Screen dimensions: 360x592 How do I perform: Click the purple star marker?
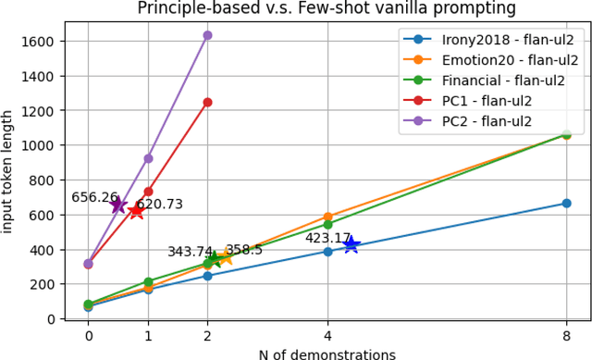click(x=118, y=205)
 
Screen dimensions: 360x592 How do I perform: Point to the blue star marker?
click(x=351, y=245)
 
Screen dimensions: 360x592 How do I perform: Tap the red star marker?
click(x=137, y=211)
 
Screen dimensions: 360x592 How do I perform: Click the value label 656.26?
click(x=95, y=197)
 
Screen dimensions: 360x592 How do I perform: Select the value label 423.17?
click(x=329, y=238)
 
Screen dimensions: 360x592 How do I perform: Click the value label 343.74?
click(x=191, y=252)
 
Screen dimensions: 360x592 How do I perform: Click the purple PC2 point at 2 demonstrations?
click(x=207, y=35)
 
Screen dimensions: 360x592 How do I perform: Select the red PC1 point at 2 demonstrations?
click(x=207, y=102)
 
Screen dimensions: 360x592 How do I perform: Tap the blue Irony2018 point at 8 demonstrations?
click(x=566, y=203)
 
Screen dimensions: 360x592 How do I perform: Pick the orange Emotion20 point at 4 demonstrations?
click(x=327, y=217)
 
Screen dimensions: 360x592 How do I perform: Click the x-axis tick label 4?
click(x=327, y=337)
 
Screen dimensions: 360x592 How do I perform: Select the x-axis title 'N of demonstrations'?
click(x=327, y=354)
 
